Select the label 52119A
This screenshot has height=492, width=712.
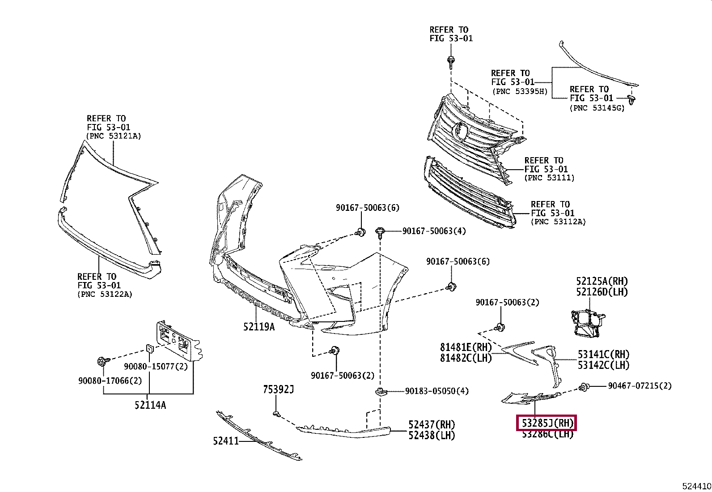coord(259,326)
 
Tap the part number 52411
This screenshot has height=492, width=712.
coord(226,441)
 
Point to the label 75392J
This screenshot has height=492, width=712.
coord(278,389)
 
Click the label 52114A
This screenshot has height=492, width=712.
coord(150,405)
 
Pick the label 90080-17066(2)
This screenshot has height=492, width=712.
coord(110,381)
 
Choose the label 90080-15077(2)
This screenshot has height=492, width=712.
coord(156,366)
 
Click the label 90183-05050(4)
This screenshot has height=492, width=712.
coord(437,391)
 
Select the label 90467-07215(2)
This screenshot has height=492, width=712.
coord(640,386)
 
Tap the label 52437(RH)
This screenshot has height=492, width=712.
coord(432,424)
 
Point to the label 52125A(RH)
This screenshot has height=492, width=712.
coord(602,281)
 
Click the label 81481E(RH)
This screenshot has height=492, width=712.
coord(466,347)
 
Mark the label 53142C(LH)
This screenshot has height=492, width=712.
coord(604,365)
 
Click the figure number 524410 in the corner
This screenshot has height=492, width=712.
coord(696,486)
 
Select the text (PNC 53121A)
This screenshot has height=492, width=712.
coord(114,136)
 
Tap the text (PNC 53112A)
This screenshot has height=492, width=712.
coord(558,222)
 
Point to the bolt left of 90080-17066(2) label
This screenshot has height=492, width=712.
coord(103,361)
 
